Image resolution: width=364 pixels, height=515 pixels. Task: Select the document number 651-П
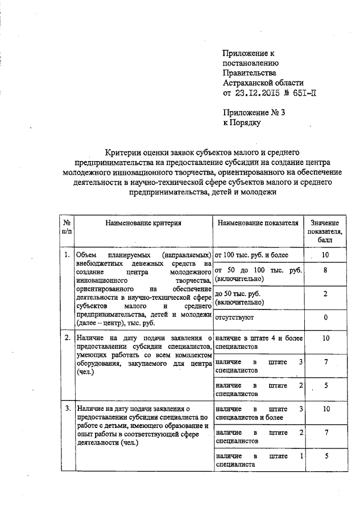pos(300,93)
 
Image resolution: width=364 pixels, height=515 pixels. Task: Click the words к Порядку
pos(241,122)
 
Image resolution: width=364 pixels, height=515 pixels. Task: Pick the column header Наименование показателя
pos(258,223)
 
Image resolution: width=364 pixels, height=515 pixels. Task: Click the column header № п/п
pos(67,227)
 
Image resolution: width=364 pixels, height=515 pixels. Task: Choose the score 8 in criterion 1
pos(325,271)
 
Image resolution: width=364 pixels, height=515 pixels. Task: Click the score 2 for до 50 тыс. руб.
pos(325,294)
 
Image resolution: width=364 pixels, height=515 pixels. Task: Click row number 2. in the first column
pos(67,337)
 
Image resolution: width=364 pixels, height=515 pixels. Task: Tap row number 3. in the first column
pos(67,409)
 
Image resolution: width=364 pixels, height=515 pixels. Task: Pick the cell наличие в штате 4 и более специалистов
pos(258,342)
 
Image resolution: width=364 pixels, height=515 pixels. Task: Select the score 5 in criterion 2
pos(325,386)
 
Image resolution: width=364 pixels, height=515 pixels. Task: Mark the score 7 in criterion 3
pos(325,432)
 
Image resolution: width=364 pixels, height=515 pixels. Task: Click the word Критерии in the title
pos(125,152)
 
